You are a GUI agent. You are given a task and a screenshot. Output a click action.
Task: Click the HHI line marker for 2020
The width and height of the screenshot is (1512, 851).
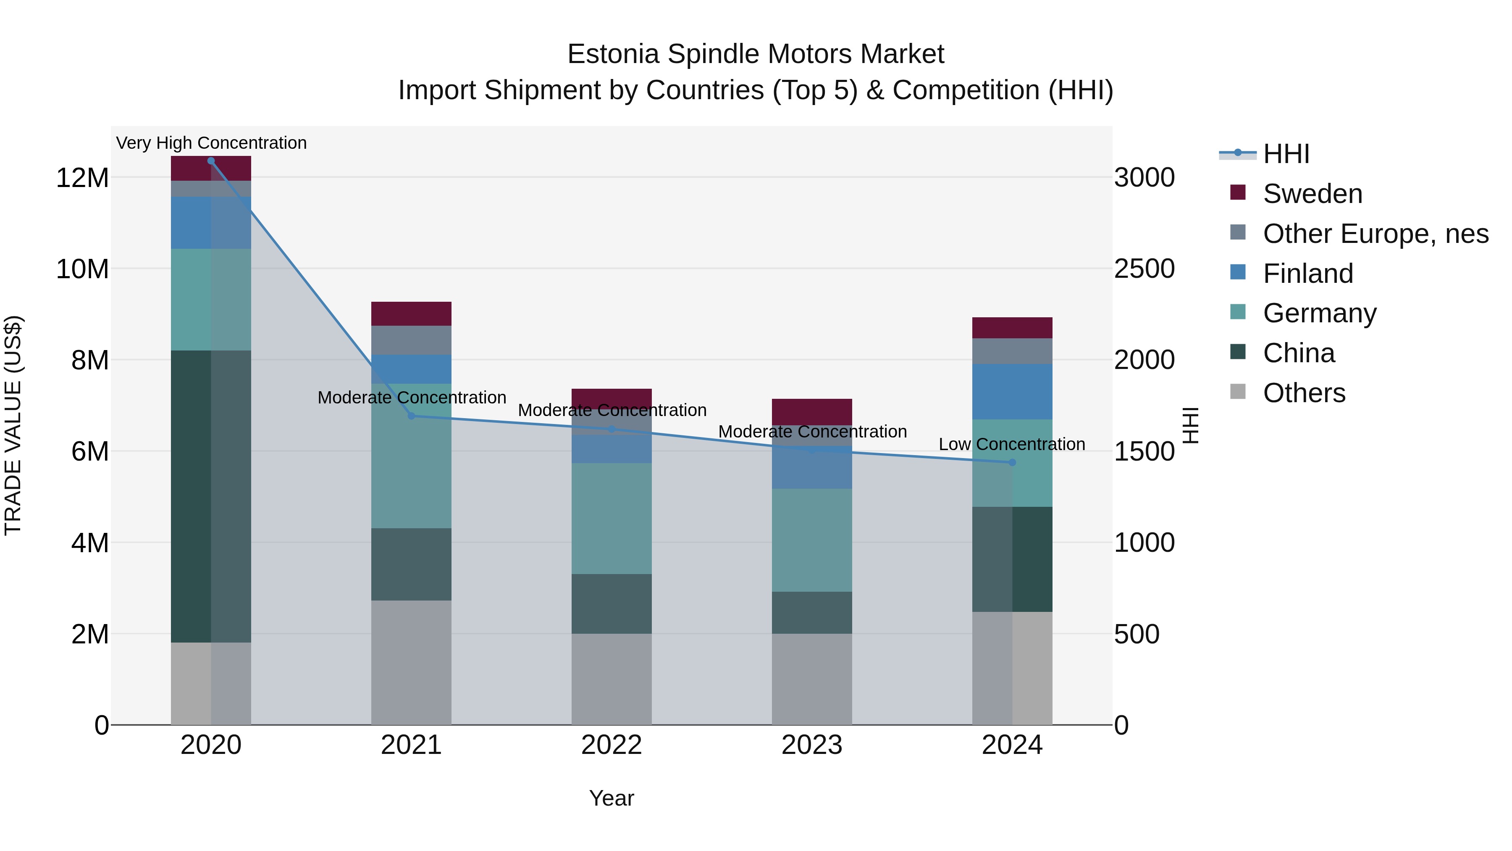coord(211,161)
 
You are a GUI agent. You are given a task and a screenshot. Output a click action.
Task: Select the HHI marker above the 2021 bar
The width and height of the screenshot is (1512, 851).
coord(412,416)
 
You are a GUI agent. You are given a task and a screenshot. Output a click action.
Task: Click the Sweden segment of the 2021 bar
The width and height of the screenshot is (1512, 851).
coord(412,314)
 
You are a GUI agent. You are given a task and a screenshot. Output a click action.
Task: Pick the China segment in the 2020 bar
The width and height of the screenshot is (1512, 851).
coord(211,496)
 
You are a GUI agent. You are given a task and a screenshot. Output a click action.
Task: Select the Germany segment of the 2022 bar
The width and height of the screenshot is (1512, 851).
coord(612,519)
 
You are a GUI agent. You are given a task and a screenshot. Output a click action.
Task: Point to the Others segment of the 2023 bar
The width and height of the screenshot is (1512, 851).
coord(812,679)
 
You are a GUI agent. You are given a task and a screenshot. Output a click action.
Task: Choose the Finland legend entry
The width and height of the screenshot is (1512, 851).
coord(1308,274)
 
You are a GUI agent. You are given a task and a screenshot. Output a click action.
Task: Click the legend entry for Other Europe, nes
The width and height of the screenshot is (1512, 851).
coord(1375,234)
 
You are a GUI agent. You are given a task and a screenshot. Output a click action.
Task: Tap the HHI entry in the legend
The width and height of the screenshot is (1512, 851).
coord(1286,154)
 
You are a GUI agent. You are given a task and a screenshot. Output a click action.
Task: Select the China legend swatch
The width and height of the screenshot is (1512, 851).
coord(1238,352)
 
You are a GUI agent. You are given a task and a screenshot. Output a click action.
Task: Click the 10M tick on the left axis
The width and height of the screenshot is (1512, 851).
coord(82,269)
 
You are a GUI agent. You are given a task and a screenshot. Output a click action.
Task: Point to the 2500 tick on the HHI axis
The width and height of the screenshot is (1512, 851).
coord(1144,269)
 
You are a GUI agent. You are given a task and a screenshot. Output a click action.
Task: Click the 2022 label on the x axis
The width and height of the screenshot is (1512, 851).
coord(612,745)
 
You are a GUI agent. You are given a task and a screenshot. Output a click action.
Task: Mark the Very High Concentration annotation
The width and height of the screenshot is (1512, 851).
coord(211,143)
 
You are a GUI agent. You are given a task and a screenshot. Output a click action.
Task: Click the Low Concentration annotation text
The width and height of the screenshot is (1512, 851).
coord(1012,444)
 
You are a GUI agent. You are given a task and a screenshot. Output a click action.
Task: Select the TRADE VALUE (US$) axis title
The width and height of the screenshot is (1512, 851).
coord(13,425)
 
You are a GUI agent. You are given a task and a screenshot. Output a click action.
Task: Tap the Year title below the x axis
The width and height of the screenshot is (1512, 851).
coord(612,798)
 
